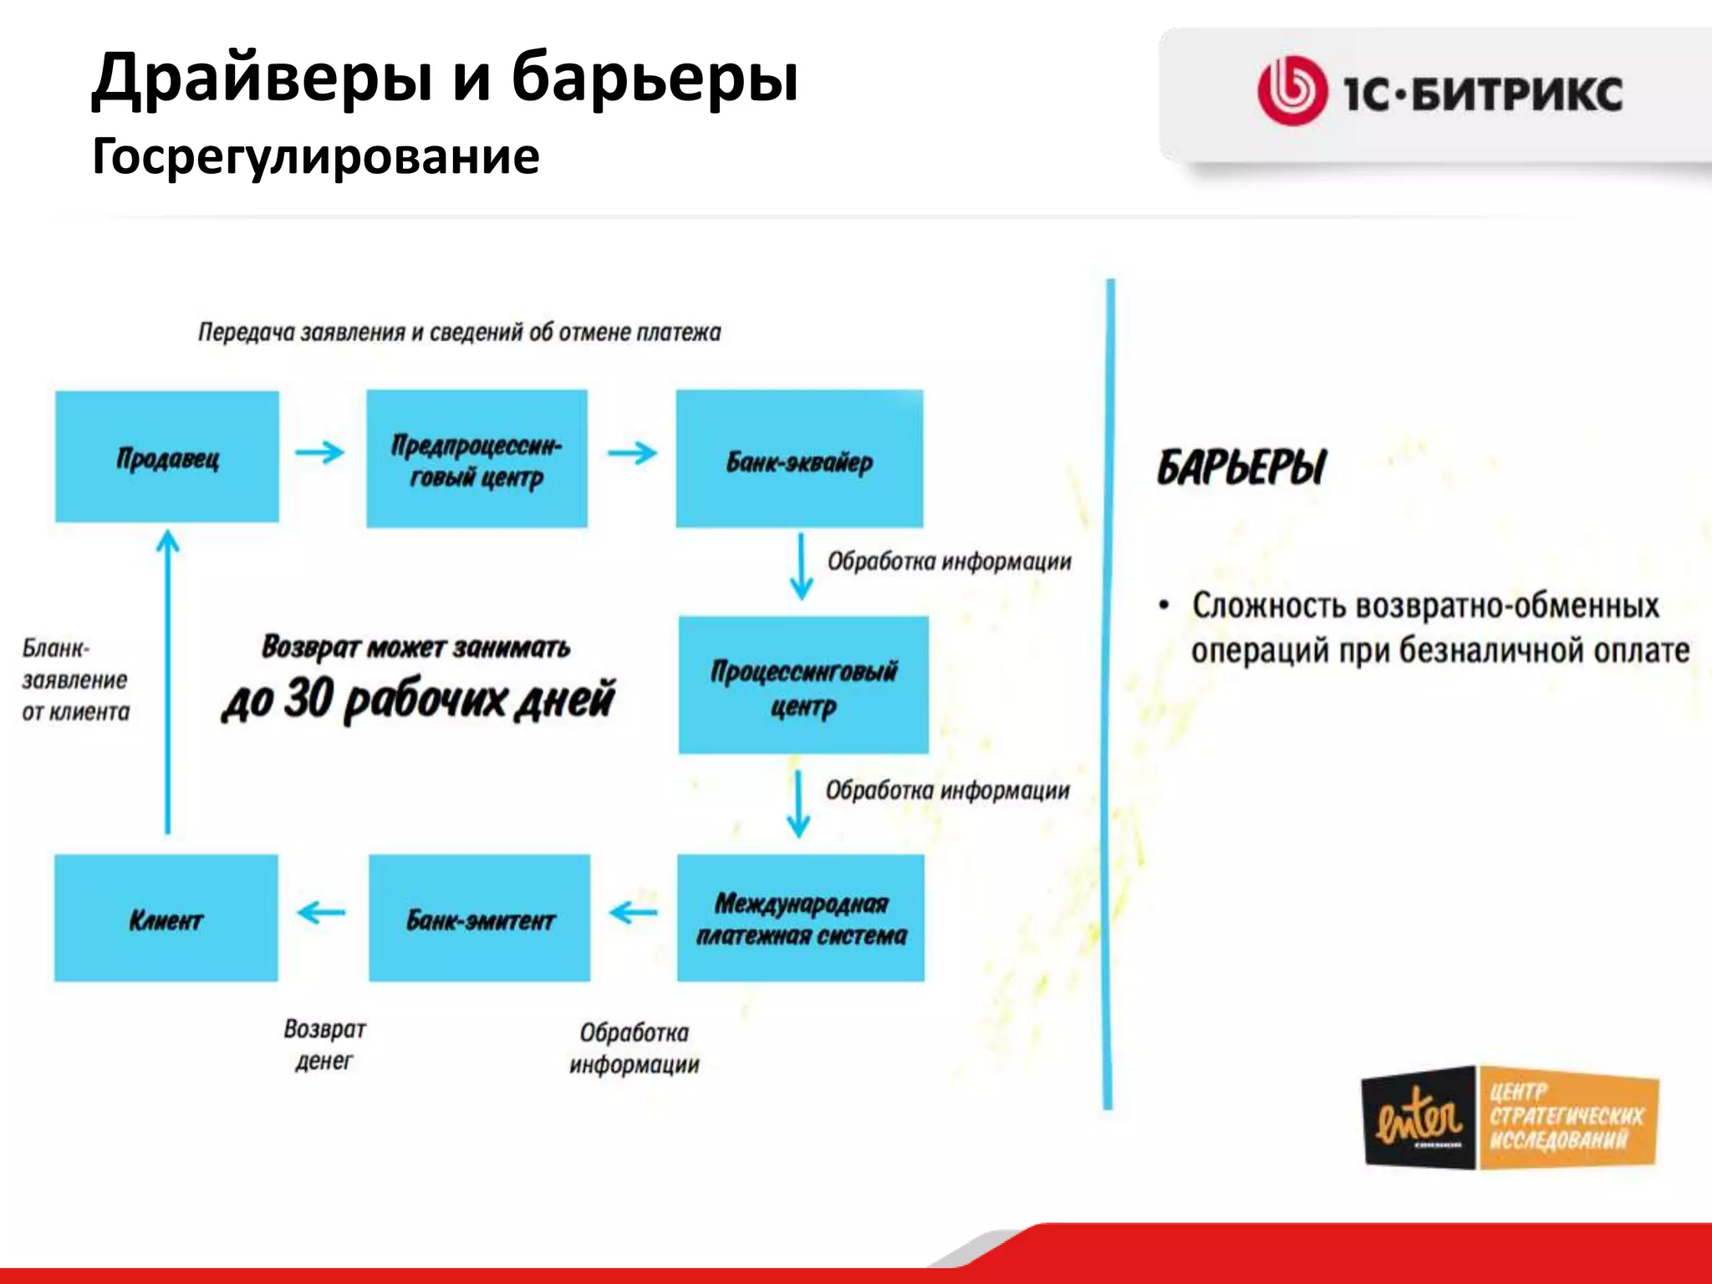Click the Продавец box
pos(167,456)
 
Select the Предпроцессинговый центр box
pos(476,458)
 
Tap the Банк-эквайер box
pos(799,458)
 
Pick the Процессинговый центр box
pos(802,685)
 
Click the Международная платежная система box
pos(801,917)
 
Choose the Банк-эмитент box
pos(479,917)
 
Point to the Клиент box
pos(166,917)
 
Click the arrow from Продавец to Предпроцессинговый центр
pos(319,452)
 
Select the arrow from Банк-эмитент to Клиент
pos(321,911)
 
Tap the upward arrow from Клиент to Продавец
pos(168,681)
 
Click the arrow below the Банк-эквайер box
pos(801,566)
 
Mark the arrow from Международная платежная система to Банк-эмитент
pos(633,911)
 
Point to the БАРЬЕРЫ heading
pos(1241,466)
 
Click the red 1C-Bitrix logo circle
pos(1292,91)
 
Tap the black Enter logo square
pos(1419,1117)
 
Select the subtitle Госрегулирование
pos(315,156)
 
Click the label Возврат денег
pos(324,1044)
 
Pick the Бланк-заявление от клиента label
pos(75,680)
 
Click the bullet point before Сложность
pos(1164,605)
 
